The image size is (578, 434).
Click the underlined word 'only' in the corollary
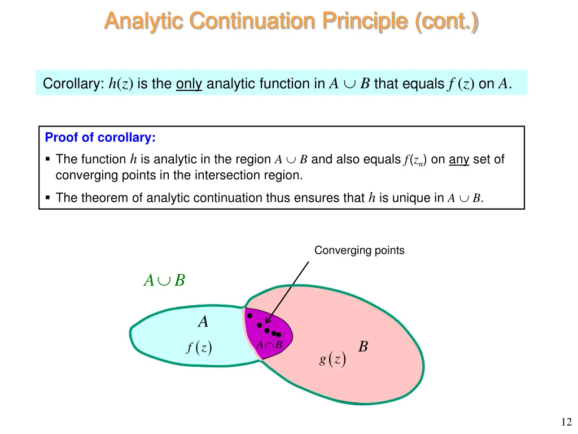click(x=189, y=84)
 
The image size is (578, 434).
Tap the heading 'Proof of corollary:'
click(x=100, y=137)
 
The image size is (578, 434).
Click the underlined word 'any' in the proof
click(x=459, y=159)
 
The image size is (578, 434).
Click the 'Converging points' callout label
click(x=359, y=250)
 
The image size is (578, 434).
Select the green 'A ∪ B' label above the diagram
click(x=164, y=280)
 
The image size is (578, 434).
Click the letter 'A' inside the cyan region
click(x=203, y=322)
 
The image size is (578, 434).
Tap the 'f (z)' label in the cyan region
click(x=199, y=348)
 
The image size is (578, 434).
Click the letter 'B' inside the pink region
click(x=363, y=346)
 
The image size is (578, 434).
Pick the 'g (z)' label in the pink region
click(x=332, y=359)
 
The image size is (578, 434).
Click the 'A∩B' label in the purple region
click(x=269, y=345)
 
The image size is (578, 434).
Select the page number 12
click(x=566, y=422)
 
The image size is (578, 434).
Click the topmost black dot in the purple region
click(x=249, y=316)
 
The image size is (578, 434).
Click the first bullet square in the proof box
click(x=48, y=160)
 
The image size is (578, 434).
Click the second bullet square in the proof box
click(x=48, y=198)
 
